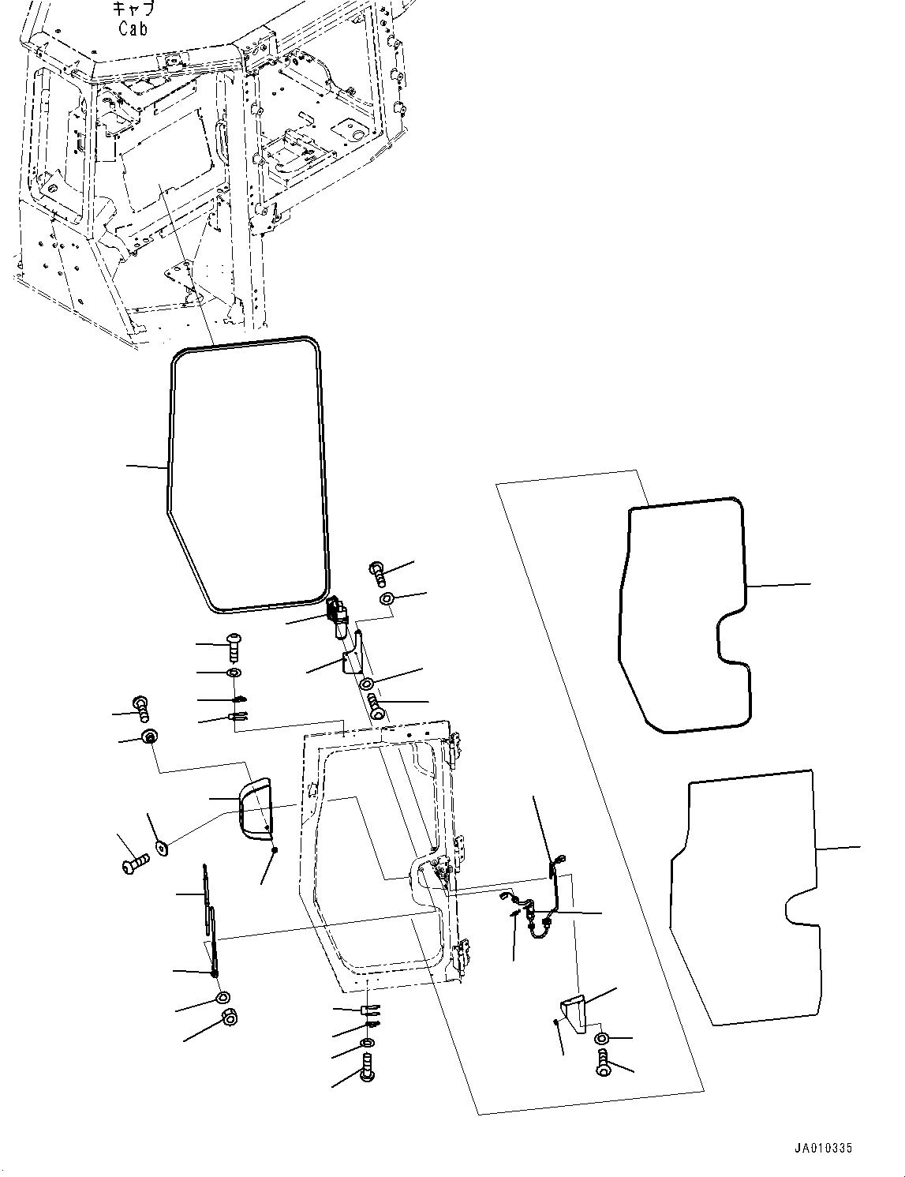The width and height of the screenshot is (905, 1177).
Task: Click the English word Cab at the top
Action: coord(134,28)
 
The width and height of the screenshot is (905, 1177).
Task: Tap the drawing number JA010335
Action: coord(824,1149)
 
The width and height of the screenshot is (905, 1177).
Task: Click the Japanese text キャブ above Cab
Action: coord(133,9)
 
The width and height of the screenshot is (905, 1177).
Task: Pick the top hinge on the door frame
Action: coord(455,752)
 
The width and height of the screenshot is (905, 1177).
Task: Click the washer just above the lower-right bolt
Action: coord(601,1038)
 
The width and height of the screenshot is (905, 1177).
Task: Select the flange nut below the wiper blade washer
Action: coord(229,1017)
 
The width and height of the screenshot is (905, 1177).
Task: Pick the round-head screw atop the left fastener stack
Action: coord(234,646)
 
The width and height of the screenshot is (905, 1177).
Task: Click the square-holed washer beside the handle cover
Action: coord(162,848)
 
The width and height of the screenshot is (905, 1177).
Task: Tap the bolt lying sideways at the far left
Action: coord(132,865)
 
